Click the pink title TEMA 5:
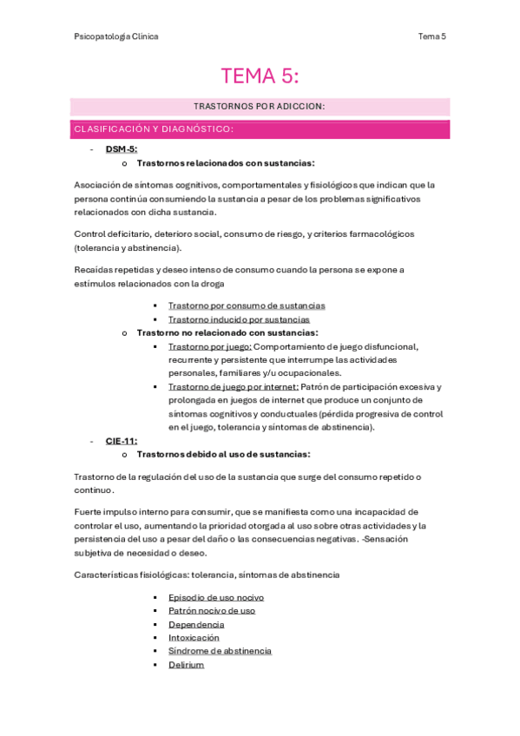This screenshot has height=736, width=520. click(x=260, y=76)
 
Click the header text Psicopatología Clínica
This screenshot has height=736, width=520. click(x=116, y=36)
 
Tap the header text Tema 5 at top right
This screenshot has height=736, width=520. click(x=431, y=36)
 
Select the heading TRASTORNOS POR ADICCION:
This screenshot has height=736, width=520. click(x=260, y=107)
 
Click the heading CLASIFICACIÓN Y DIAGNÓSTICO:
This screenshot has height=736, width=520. click(x=154, y=129)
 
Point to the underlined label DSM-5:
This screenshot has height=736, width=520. click(x=122, y=149)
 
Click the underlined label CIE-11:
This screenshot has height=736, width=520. click(x=122, y=441)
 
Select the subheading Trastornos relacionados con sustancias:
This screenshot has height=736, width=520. click(x=226, y=163)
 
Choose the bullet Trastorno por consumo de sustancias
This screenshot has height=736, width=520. click(x=247, y=306)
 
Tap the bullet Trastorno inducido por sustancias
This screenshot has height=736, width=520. click(x=239, y=319)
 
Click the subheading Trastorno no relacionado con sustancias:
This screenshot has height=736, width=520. click(x=227, y=332)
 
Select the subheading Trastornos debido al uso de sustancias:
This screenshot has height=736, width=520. click(x=223, y=454)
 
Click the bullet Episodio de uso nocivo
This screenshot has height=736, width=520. click(x=216, y=597)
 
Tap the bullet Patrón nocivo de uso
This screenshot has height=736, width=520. click(x=212, y=611)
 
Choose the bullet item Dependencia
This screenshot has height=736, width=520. click(x=196, y=624)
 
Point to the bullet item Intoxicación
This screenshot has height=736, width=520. click(x=194, y=638)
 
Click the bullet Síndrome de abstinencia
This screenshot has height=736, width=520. click(x=220, y=651)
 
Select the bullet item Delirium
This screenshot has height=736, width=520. click(x=186, y=665)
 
